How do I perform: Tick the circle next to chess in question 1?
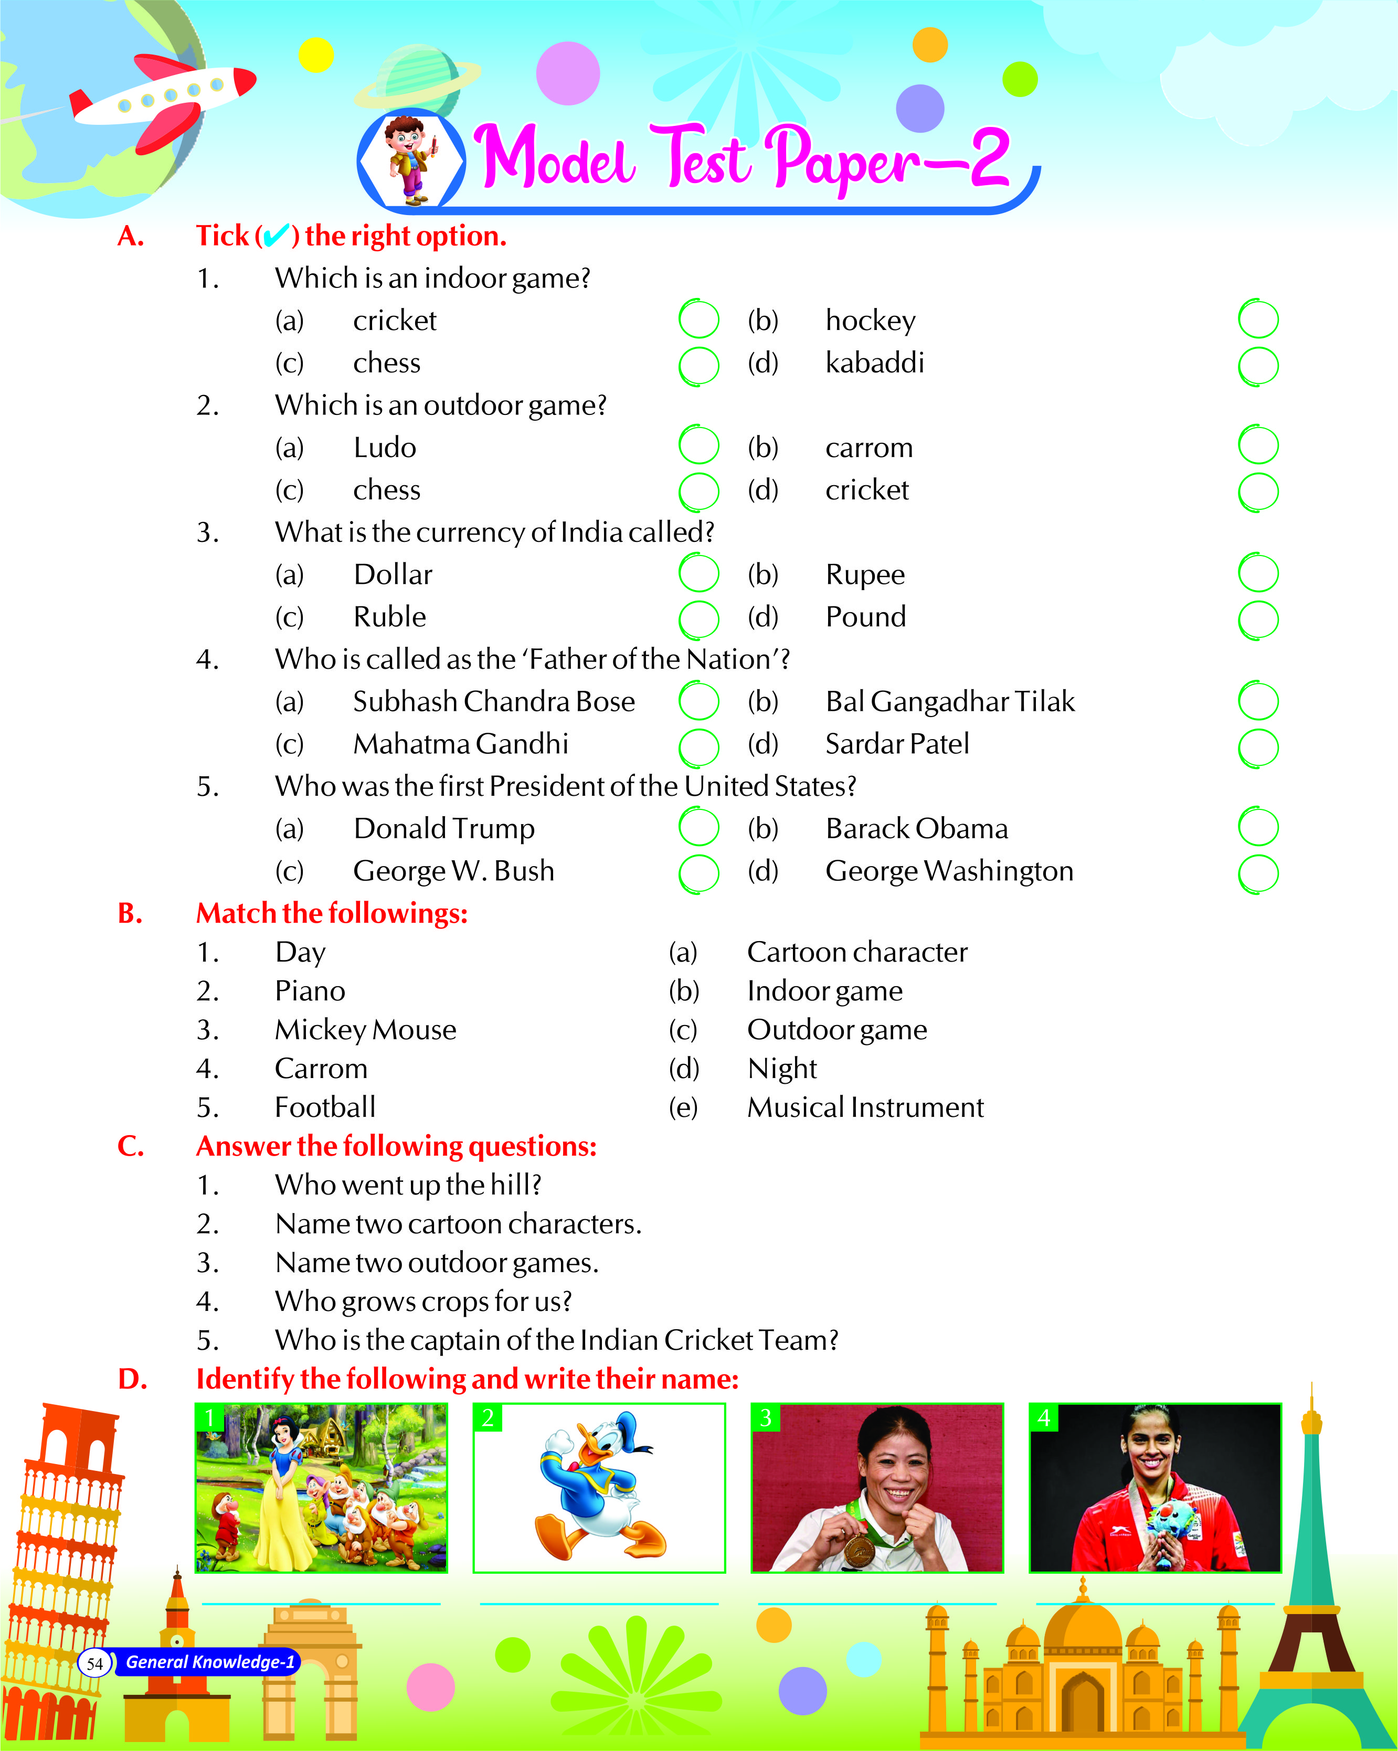(x=698, y=366)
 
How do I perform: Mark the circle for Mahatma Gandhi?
(x=698, y=746)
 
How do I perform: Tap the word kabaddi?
(x=874, y=362)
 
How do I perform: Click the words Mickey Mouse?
(x=366, y=1030)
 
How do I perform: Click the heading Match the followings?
(x=332, y=914)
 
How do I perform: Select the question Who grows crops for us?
(x=423, y=1301)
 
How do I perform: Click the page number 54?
(x=94, y=1663)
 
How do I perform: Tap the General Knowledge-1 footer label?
(x=209, y=1662)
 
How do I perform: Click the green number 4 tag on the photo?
(x=1044, y=1418)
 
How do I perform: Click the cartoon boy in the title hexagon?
(x=411, y=159)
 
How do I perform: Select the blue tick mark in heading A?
(x=276, y=236)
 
